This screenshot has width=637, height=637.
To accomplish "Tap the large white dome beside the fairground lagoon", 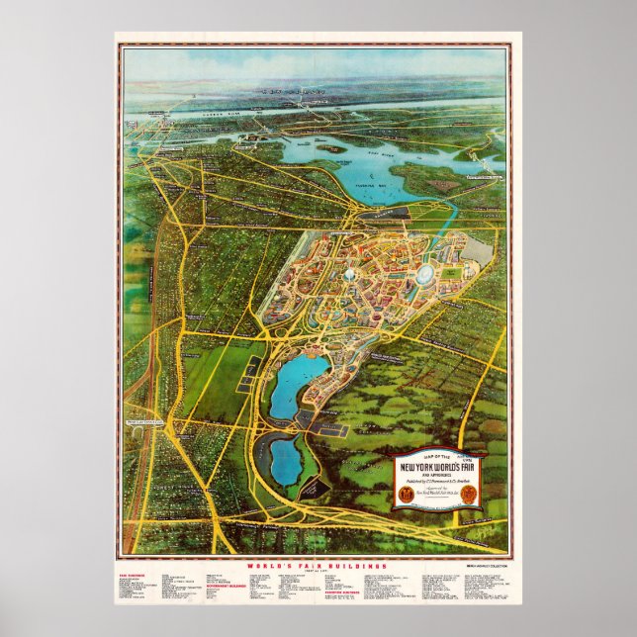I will [426, 273].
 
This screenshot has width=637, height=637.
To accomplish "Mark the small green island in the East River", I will [329, 148].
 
